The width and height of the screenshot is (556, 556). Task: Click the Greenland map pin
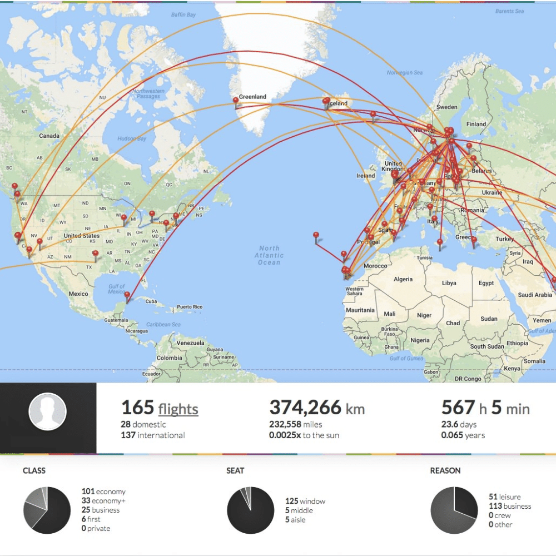[x=236, y=101]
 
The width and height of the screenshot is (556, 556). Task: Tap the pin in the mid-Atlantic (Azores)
[x=316, y=236]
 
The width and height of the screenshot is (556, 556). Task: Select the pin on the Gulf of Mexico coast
[x=127, y=296]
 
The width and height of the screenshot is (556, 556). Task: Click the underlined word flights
[x=178, y=410]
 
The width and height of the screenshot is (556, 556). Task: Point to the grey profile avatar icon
[x=48, y=413]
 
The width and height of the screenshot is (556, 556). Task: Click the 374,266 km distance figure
[x=317, y=409]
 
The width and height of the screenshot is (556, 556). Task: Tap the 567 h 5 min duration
[x=485, y=409]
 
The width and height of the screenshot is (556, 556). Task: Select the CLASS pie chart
[x=47, y=510]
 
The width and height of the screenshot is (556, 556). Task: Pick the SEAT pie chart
[x=251, y=510]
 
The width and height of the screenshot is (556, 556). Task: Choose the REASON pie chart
[x=454, y=510]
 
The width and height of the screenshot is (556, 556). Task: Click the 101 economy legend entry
[x=103, y=492]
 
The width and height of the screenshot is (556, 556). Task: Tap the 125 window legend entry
[x=305, y=501]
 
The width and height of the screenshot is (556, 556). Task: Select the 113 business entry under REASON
[x=509, y=506]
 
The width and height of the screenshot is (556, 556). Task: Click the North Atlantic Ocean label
[x=269, y=255]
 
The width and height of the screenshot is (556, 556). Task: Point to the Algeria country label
[x=403, y=279]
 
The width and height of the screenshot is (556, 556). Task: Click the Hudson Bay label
[x=133, y=138]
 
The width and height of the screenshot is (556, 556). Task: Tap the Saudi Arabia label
[x=534, y=295]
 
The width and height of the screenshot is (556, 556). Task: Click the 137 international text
[x=153, y=435]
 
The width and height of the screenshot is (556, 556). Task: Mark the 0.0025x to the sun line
[x=304, y=435]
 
